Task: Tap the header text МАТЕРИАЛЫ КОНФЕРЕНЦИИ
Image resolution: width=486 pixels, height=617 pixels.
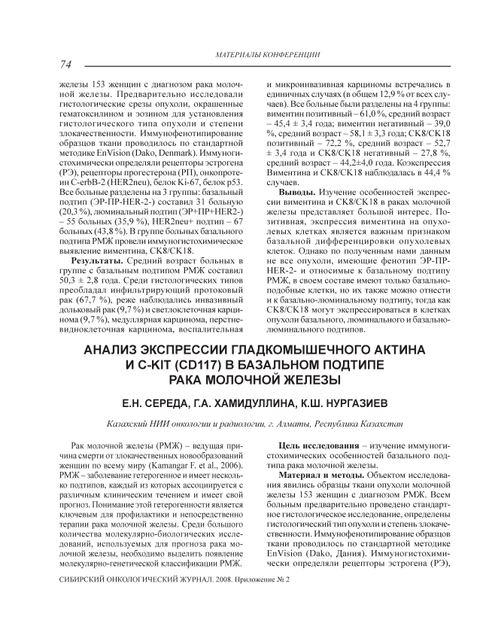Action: pos(267,56)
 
